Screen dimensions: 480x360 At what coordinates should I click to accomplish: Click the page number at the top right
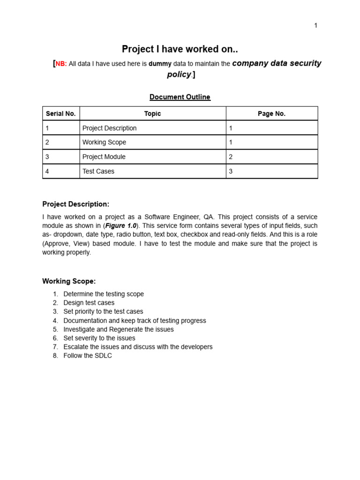315,26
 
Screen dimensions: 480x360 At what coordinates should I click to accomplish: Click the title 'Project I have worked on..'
180,49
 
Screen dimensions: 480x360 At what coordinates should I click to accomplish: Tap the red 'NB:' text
61,64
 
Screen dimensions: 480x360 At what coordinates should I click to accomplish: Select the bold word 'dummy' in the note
160,64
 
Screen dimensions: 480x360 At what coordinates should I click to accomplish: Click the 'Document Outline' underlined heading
180,97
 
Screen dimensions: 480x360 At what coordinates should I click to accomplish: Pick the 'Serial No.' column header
61,113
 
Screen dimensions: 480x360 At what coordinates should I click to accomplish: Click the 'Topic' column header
152,113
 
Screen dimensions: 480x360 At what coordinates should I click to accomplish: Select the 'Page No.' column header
271,113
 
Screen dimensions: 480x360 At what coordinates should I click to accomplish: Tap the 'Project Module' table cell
104,157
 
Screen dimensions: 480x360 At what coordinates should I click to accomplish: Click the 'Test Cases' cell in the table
98,172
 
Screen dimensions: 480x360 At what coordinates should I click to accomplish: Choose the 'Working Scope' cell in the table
104,142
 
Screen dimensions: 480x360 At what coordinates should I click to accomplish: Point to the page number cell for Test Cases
231,172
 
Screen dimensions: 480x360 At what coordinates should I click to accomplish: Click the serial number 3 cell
47,157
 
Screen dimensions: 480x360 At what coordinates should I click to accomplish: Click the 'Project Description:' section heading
75,204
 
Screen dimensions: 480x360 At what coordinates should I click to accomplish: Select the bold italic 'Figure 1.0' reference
120,226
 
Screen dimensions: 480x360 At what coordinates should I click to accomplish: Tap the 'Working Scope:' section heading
69,281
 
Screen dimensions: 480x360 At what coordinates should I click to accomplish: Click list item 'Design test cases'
89,303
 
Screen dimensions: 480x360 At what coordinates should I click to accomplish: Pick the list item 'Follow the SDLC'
88,356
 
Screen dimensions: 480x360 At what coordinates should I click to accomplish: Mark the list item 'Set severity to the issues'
99,338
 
